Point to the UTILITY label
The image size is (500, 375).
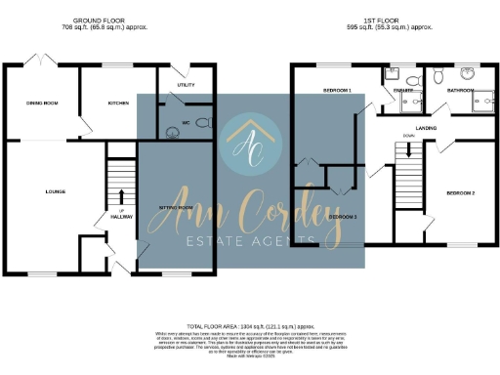(186, 85)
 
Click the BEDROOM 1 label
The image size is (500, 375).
(337, 90)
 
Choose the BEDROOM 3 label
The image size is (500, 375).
(342, 216)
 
